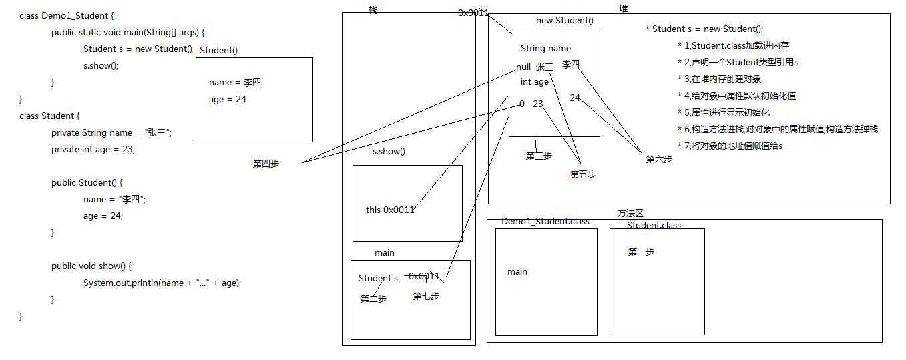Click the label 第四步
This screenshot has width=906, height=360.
pos(266,164)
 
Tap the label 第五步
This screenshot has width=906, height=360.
pos(583,174)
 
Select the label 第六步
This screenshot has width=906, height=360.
pos(659,159)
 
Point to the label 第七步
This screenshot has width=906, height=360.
pos(426,296)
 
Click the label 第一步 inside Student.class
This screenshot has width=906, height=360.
pos(641,252)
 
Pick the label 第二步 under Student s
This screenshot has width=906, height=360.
pos(373,299)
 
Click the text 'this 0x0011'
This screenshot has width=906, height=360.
pos(390,210)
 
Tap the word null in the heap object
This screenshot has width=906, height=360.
pos(523,67)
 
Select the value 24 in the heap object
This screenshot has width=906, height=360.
pos(575,98)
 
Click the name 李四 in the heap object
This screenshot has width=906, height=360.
pos(571,64)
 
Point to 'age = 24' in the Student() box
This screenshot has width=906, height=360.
pos(228,100)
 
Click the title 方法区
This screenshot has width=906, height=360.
pos(630,213)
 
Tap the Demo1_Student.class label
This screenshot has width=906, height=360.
pos(545,221)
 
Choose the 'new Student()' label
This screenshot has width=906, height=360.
pos(564,21)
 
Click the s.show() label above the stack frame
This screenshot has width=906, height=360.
pos(389,151)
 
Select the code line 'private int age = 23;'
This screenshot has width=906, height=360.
pos(93,150)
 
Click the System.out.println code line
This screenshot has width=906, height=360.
pos(162,283)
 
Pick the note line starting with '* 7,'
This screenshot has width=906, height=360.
pos(729,146)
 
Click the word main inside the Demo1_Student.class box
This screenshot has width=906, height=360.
pos(517,271)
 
